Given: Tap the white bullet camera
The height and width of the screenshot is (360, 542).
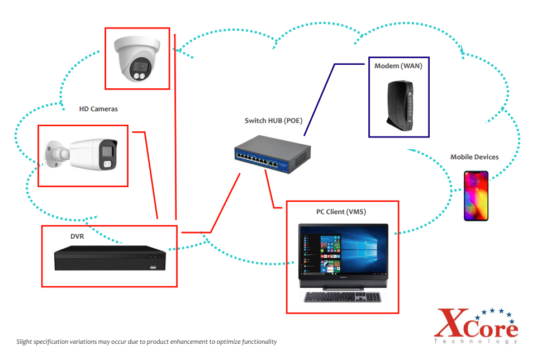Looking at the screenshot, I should [84, 155].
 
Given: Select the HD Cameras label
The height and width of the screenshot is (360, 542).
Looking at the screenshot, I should [98, 109].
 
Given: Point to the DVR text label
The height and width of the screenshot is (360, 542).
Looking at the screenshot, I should [77, 236].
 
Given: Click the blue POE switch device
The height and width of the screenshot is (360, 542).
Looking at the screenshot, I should [272, 155].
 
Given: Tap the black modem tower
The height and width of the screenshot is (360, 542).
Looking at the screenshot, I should [399, 105].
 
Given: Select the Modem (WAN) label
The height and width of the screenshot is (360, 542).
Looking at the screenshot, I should [398, 66].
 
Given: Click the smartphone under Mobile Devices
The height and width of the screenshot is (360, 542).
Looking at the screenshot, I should [476, 196].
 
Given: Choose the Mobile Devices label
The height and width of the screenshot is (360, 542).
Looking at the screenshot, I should [474, 157].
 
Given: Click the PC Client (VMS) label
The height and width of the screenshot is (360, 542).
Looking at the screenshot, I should [341, 212].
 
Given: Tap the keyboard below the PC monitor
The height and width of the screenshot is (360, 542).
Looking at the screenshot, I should [342, 297].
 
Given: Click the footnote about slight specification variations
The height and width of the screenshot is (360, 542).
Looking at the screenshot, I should [146, 342].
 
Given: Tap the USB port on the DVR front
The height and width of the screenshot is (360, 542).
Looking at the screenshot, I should [153, 267].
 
